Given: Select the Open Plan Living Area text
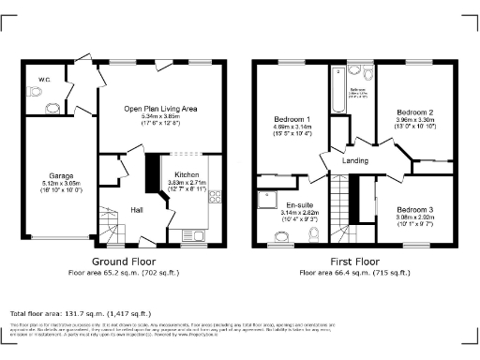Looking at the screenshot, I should click(x=161, y=109).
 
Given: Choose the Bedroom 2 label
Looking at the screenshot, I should click(x=412, y=111).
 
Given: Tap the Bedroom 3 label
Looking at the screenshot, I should click(x=413, y=209).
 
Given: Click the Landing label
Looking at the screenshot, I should click(x=356, y=161).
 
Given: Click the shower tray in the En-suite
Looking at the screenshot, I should click(x=268, y=198).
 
